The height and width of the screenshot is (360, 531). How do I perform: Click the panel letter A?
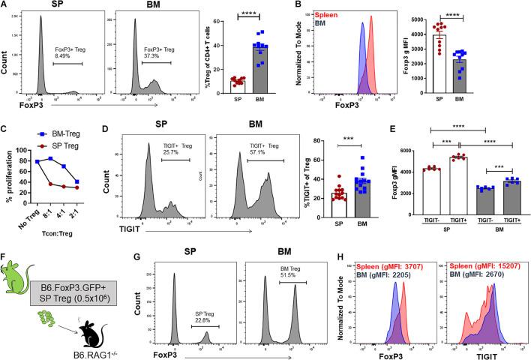pos(5,6)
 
